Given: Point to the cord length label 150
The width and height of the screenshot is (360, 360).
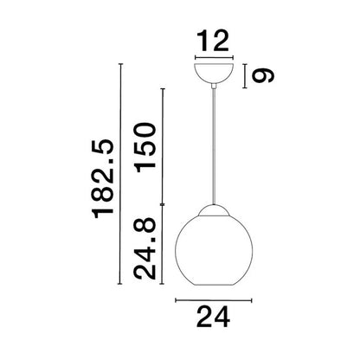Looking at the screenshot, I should [x=145, y=146].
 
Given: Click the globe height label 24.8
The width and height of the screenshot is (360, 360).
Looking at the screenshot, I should [x=145, y=251].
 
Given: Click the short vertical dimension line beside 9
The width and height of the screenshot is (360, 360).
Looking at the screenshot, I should [x=246, y=74].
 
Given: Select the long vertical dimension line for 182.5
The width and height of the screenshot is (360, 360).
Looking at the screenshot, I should [x=122, y=177].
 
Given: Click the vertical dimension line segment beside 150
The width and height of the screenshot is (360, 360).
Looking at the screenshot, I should [x=162, y=147].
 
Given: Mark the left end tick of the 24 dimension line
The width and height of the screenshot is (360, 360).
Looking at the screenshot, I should [x=176, y=301].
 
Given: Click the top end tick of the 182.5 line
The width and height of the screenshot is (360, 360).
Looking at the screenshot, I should [x=122, y=65].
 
